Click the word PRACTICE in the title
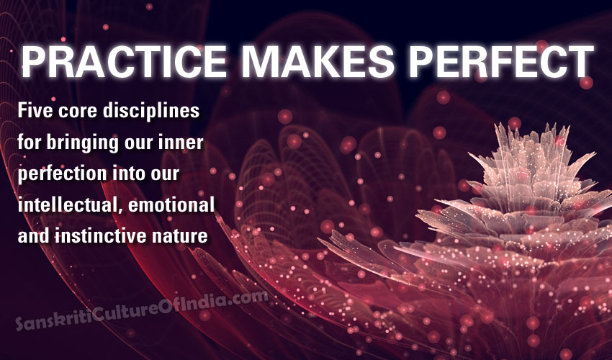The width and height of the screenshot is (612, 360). [x=124, y=61]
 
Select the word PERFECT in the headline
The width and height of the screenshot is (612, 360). [x=501, y=61]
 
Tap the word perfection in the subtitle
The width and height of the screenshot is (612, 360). [x=62, y=174]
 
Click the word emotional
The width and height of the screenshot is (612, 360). [x=171, y=205]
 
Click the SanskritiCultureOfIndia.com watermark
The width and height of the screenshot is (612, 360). [x=142, y=310]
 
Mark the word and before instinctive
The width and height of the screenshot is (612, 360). [x=34, y=236]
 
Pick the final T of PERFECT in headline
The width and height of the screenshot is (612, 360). [x=582, y=61]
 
